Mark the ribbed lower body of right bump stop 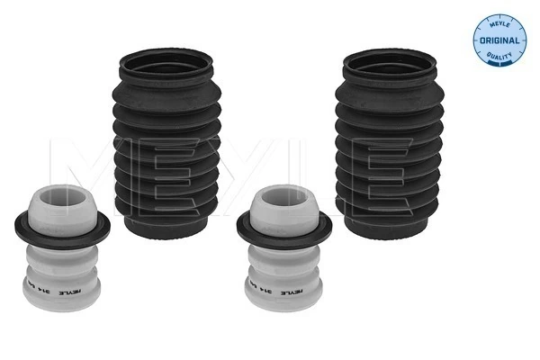(286, 286)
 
